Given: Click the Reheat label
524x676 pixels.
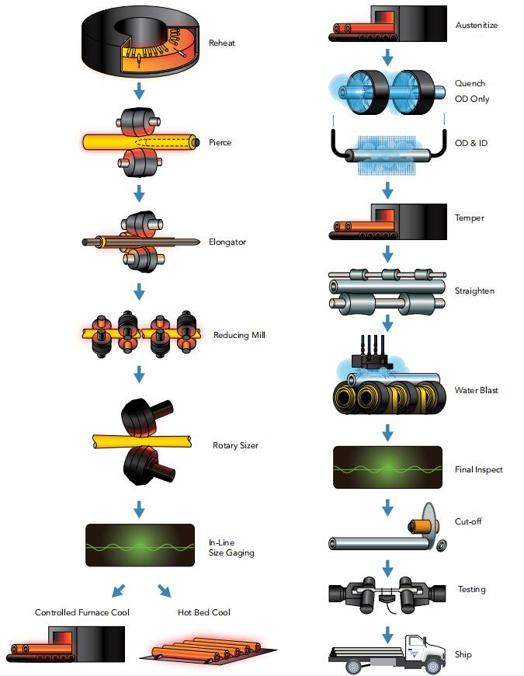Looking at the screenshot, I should pyautogui.click(x=221, y=44).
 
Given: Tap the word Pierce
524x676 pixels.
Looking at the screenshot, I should pyautogui.click(x=220, y=143).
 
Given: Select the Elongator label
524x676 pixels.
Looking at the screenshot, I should pyautogui.click(x=226, y=242).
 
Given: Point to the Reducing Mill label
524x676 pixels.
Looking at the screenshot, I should pyautogui.click(x=238, y=336).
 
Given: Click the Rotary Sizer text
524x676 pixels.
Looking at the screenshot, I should pyautogui.click(x=235, y=446).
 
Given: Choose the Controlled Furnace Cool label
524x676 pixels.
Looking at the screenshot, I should pyautogui.click(x=82, y=612).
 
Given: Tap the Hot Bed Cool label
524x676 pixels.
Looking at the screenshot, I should pyautogui.click(x=204, y=612).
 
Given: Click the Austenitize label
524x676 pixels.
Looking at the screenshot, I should pyautogui.click(x=476, y=26).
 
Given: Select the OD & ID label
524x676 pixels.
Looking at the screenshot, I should pyautogui.click(x=471, y=144).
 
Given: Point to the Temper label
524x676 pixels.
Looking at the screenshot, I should pyautogui.click(x=469, y=218).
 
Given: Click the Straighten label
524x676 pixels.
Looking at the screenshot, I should pyautogui.click(x=474, y=291).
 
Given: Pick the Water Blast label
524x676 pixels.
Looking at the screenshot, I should pyautogui.click(x=476, y=390).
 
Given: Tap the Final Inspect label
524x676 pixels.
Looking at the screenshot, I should pyautogui.click(x=478, y=469).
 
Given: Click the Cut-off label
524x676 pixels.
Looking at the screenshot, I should pyautogui.click(x=468, y=521).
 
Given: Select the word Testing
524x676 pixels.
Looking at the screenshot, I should pyautogui.click(x=471, y=589).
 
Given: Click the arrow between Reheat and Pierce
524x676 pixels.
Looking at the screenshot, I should pyautogui.click(x=140, y=92).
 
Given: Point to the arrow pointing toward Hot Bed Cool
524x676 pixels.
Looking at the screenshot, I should pyautogui.click(x=165, y=590).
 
